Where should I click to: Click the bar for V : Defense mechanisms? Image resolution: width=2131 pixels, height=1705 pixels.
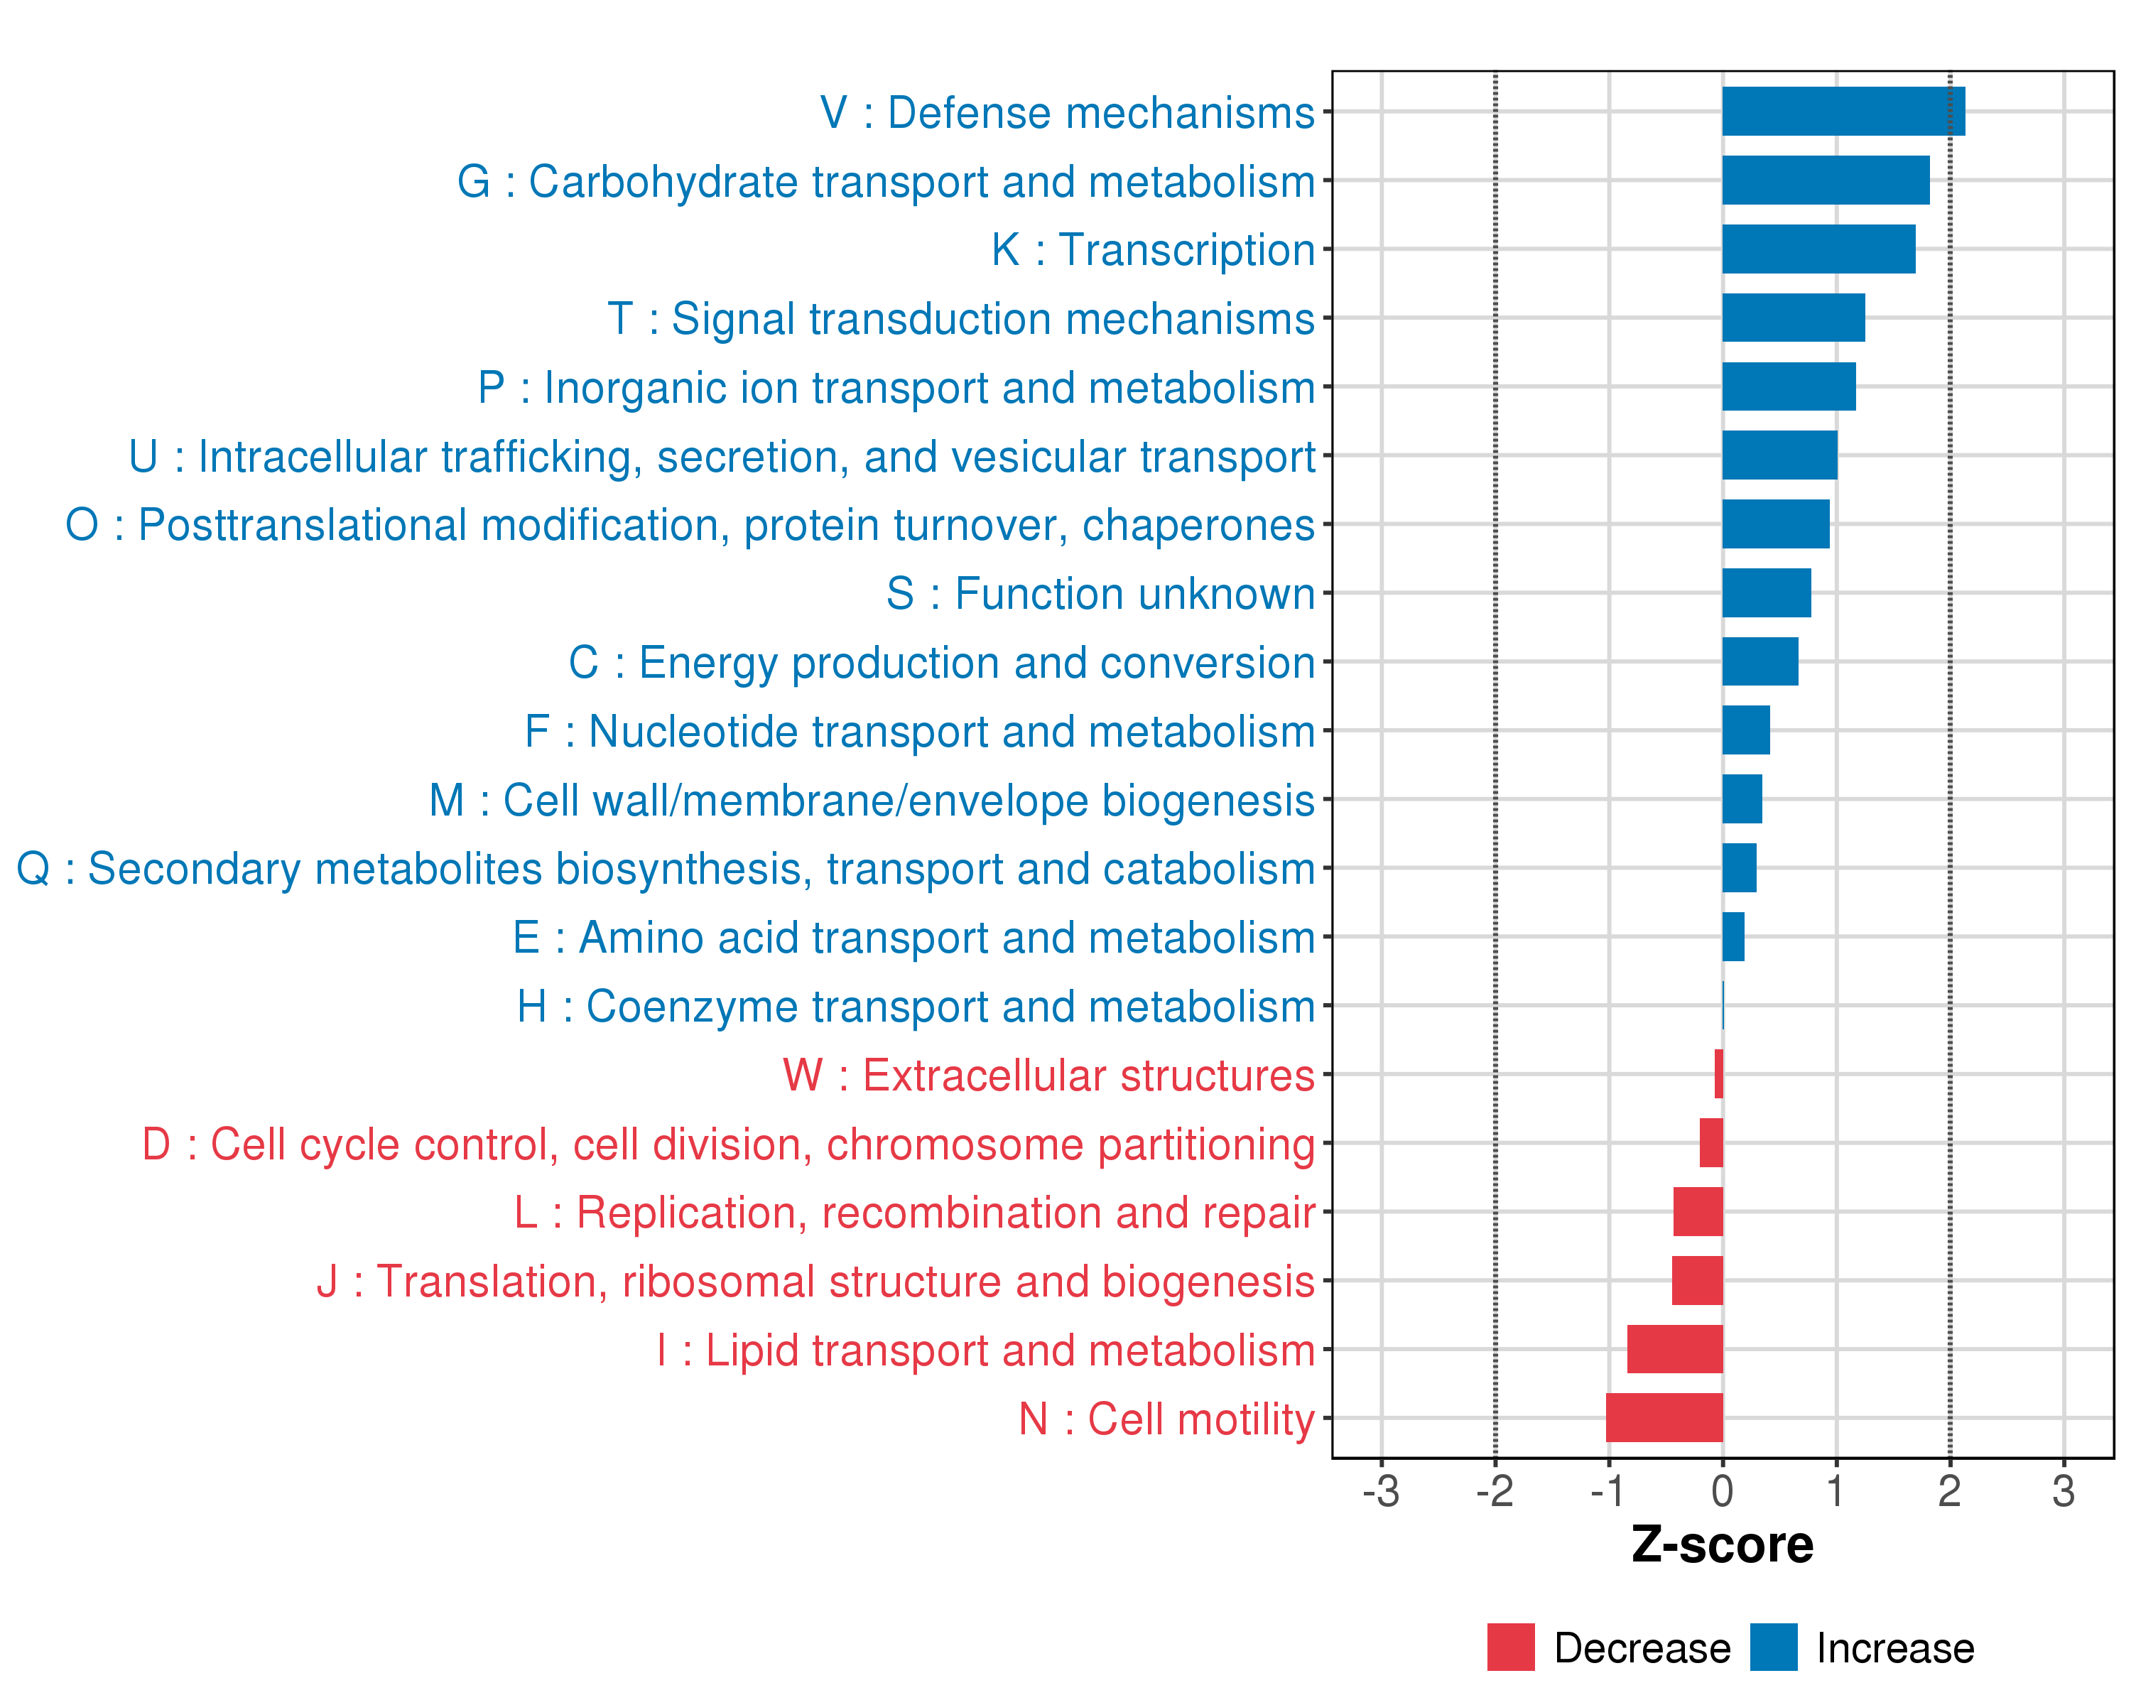[x=1843, y=112]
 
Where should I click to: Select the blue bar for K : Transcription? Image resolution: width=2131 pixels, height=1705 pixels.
[x=1818, y=249]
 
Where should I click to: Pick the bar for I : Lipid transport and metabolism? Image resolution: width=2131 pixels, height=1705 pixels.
[x=1676, y=1349]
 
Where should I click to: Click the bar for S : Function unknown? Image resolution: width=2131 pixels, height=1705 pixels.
[x=1767, y=593]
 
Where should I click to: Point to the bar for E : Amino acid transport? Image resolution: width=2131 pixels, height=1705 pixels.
[x=1734, y=936]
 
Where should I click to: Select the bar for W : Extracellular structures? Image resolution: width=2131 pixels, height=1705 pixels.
[x=1719, y=1073]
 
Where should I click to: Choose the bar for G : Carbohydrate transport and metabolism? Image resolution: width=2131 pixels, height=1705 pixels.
[x=1826, y=180]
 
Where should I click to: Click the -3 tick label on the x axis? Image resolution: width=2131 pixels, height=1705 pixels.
[x=1381, y=1491]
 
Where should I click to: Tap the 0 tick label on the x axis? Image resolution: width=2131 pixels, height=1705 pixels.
[x=1723, y=1491]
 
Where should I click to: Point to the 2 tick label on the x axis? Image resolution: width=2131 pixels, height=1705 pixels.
[x=1950, y=1491]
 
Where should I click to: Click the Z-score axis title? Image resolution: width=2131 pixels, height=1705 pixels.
[x=1723, y=1545]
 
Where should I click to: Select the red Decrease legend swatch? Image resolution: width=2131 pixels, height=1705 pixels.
[x=1512, y=1647]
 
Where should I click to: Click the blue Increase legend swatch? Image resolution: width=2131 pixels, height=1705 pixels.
[x=1774, y=1647]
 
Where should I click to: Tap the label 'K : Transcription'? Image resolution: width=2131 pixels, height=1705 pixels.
[x=1154, y=250]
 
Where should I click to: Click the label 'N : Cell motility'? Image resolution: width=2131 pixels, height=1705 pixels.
[x=1167, y=1419]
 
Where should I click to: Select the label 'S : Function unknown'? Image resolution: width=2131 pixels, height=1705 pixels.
[x=1101, y=594]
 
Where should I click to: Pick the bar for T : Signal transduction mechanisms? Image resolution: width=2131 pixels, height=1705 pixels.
[x=1794, y=318]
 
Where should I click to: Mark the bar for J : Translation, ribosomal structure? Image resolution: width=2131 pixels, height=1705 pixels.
[x=1697, y=1280]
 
